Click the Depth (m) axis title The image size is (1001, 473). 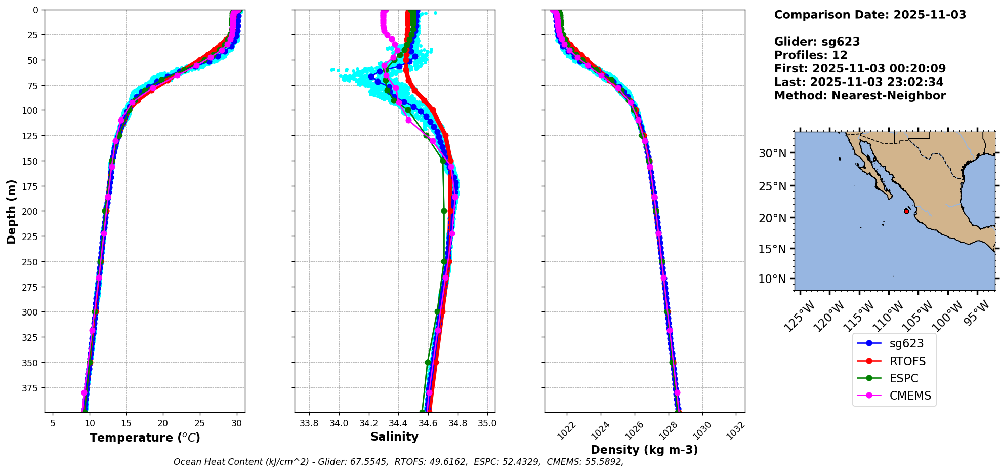coord(11,211)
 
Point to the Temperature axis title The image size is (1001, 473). coord(145,438)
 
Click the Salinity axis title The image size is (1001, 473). coord(394,437)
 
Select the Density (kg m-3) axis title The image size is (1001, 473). coord(644,450)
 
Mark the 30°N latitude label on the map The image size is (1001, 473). coord(772,153)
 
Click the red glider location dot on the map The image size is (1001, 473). coord(906,211)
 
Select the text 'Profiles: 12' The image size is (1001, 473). coord(811,55)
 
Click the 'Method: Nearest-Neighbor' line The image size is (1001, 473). coord(860,96)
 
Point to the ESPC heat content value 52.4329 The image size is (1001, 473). coord(521,462)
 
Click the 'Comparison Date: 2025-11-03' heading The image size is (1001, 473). coord(870,15)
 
